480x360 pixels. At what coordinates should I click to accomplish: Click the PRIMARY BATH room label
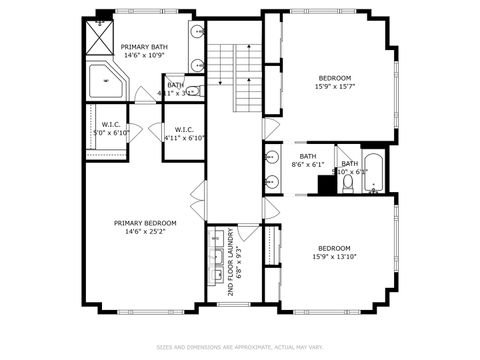[x=144, y=47]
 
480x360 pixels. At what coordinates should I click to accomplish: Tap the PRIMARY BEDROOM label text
[x=145, y=222]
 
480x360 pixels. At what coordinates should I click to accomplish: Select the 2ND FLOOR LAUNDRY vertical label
[x=231, y=261]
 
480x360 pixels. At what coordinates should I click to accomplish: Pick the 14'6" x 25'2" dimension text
[x=145, y=231]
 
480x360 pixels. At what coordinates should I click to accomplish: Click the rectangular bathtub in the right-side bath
[x=373, y=173]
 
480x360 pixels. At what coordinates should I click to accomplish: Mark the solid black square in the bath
[x=326, y=185]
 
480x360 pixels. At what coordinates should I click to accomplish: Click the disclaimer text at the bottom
[x=239, y=347]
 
